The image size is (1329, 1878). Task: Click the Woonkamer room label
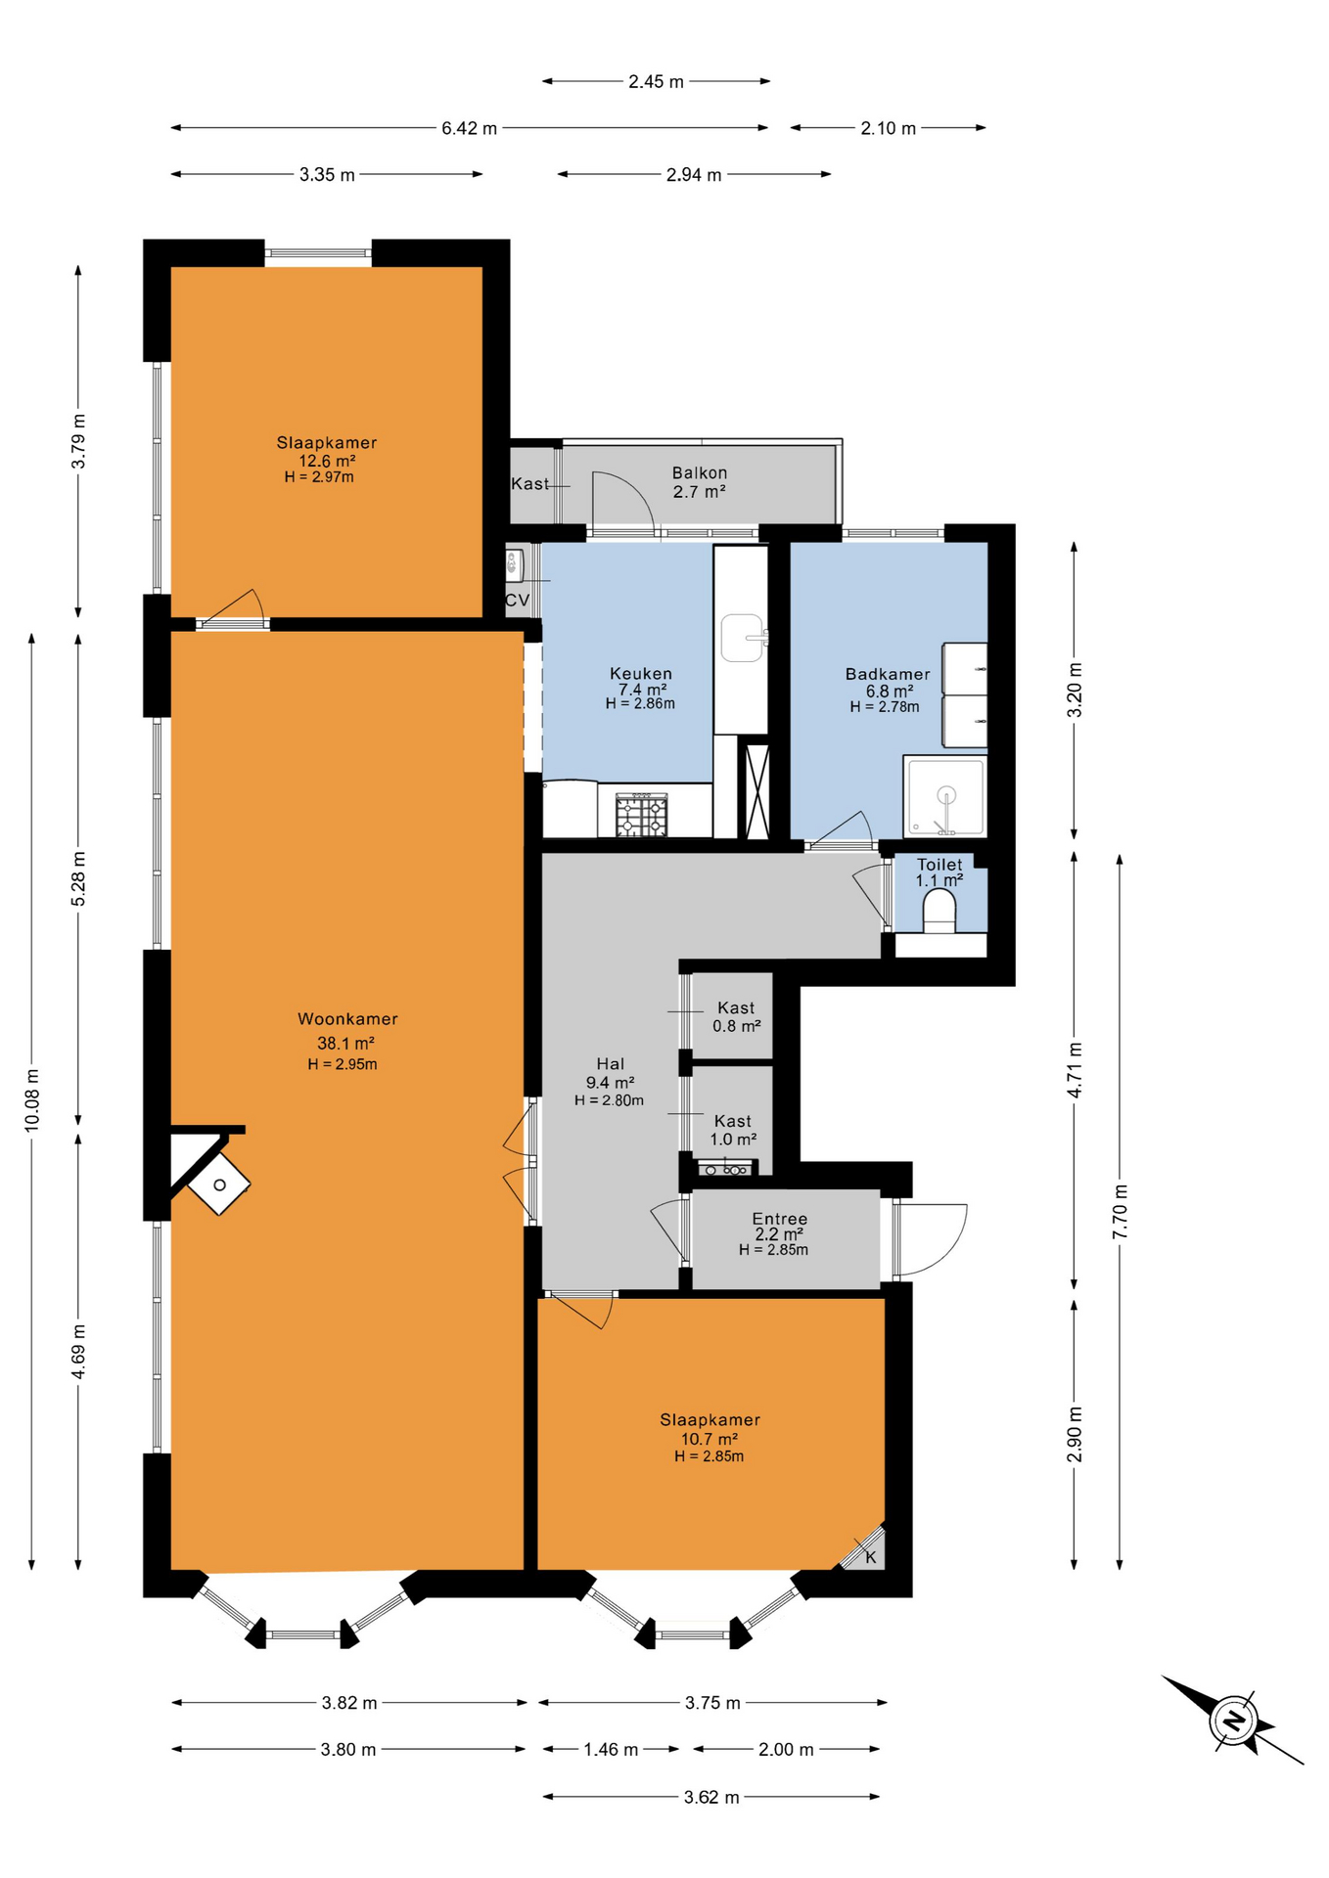click(347, 1019)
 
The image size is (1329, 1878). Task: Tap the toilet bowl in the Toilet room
click(939, 911)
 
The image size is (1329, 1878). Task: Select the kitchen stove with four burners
click(641, 815)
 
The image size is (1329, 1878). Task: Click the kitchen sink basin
click(742, 638)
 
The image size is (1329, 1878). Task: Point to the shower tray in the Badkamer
click(944, 796)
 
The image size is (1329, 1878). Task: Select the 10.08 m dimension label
click(32, 1097)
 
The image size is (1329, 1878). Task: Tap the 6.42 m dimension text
click(470, 128)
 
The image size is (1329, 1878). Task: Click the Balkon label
click(700, 473)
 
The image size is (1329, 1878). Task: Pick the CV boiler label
click(518, 601)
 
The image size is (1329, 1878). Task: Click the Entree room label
click(780, 1219)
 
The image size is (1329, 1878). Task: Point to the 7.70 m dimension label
click(1121, 1211)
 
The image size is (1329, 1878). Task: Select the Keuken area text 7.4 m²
click(642, 690)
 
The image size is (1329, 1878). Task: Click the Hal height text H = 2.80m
click(609, 1100)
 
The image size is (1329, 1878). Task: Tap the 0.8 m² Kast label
click(737, 1026)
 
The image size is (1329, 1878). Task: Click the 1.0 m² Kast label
click(733, 1140)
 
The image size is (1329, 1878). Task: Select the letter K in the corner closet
click(871, 1557)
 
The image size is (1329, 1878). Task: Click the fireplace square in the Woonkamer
click(219, 1185)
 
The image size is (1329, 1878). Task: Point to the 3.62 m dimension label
click(711, 1797)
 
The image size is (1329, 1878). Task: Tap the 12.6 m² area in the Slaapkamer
click(327, 462)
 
